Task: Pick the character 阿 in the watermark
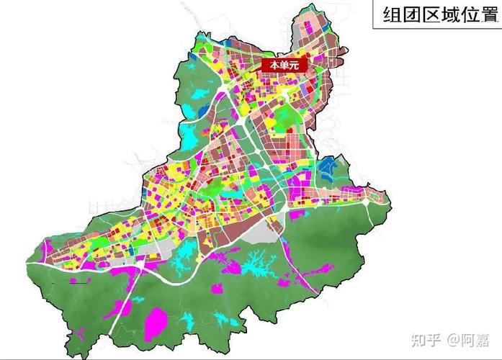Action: point(468,338)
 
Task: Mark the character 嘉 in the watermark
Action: point(485,338)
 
